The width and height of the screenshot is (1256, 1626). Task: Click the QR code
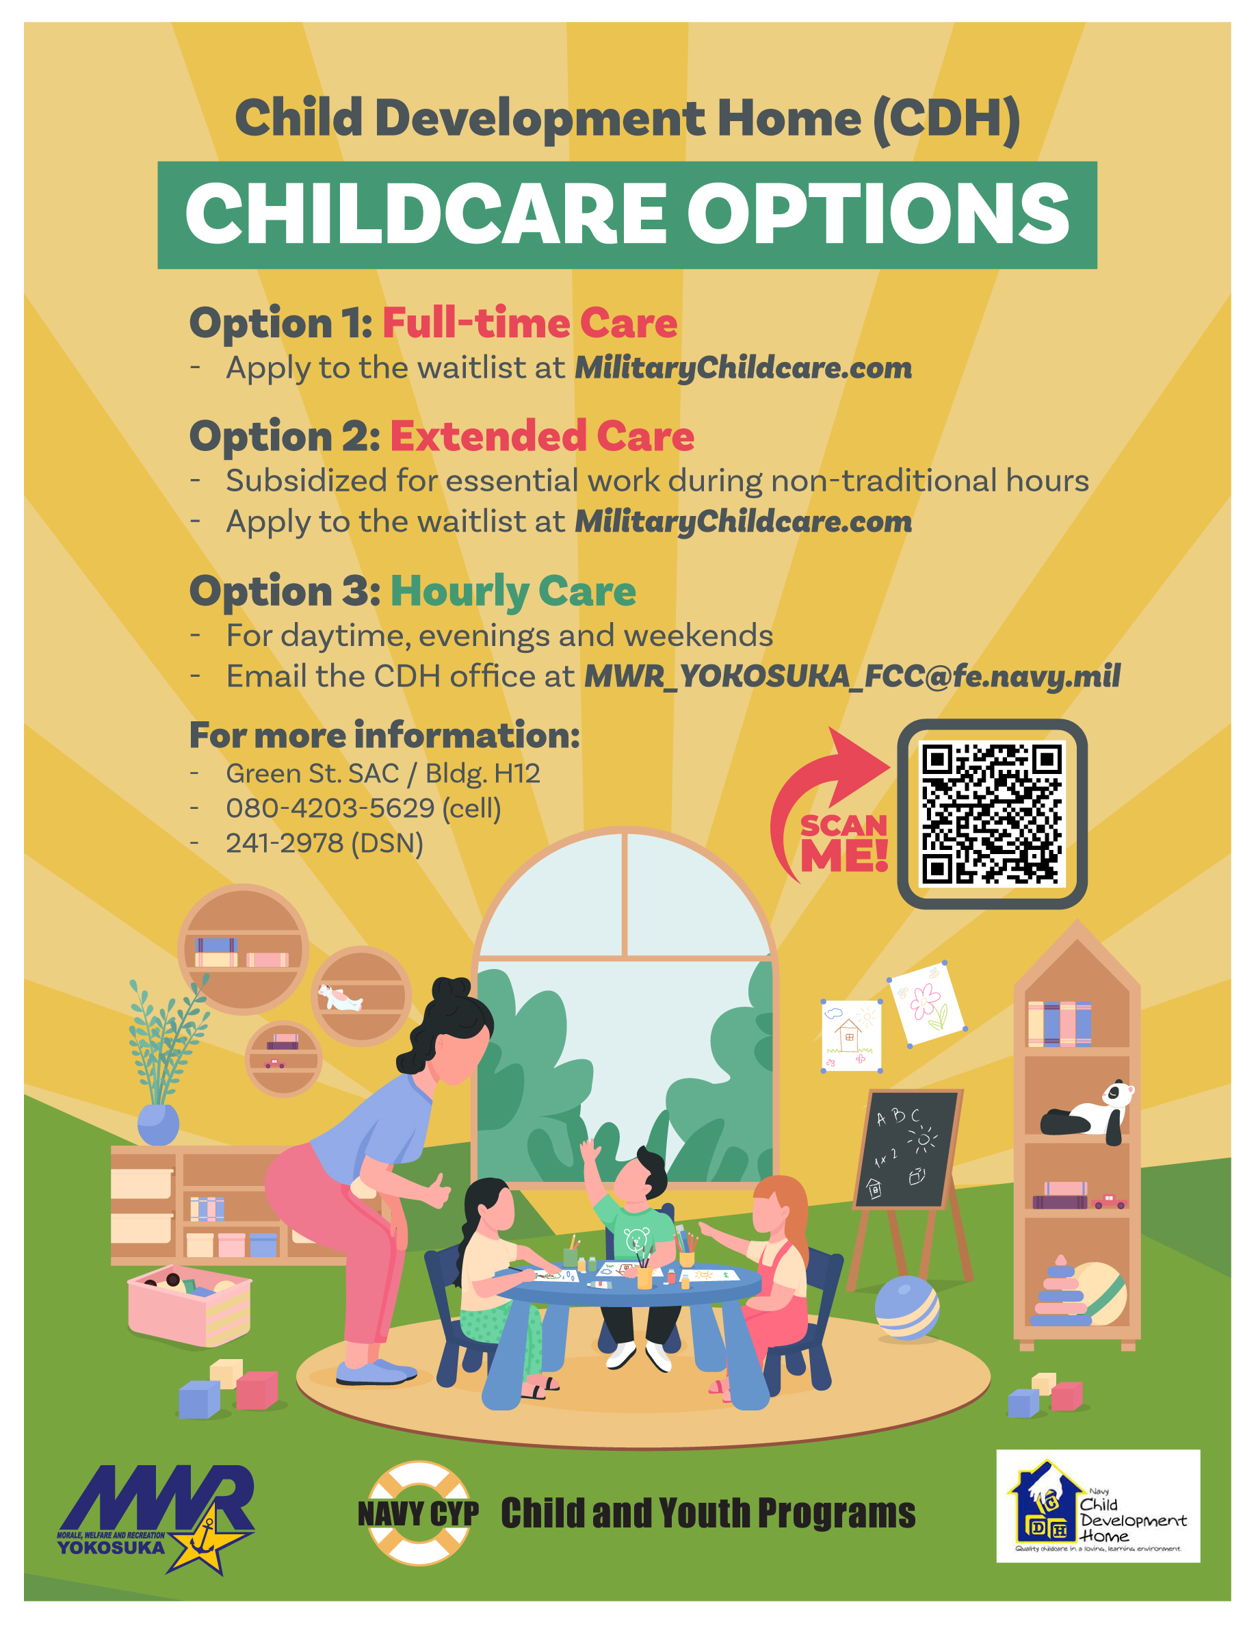[992, 814]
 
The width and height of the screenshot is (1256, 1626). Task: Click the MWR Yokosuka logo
[155, 1519]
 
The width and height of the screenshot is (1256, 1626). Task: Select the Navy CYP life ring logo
[418, 1513]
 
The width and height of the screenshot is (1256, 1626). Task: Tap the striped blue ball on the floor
[906, 1307]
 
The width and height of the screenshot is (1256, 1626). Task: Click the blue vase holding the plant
[158, 1124]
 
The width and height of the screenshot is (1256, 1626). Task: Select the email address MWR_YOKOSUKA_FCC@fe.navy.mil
[852, 676]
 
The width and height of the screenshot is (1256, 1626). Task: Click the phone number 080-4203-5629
[330, 808]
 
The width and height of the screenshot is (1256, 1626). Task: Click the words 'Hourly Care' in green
[513, 591]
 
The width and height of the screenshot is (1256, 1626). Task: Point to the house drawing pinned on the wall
[851, 1035]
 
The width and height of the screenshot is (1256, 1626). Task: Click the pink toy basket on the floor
[189, 1305]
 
